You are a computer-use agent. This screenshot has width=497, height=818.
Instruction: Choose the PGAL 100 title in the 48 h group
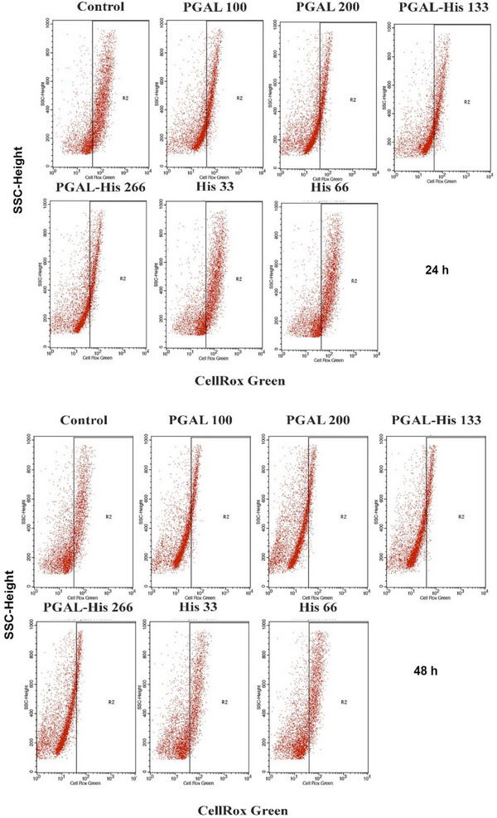pos(195,419)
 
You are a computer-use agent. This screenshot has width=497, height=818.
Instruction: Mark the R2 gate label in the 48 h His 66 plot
pos(341,701)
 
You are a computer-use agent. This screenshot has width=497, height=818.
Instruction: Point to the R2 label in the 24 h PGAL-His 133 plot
pos(469,101)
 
